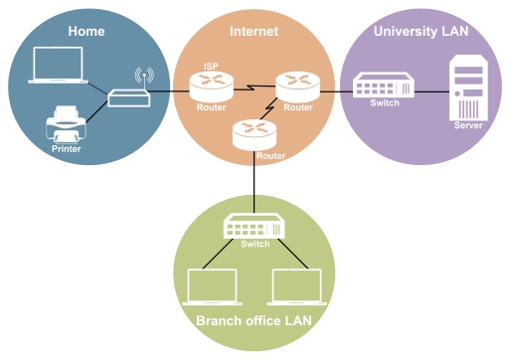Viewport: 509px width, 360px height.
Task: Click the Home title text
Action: [x=86, y=31]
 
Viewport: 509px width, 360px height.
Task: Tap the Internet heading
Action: [x=254, y=31]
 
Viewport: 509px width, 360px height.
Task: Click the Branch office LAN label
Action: [x=254, y=320]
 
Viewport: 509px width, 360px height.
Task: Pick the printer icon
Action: [x=66, y=127]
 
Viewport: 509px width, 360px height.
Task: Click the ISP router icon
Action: [x=212, y=88]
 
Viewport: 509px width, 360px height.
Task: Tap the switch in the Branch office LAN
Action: [x=254, y=227]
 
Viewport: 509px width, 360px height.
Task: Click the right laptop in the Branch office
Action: [x=297, y=286]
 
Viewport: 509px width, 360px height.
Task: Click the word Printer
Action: [x=66, y=149]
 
